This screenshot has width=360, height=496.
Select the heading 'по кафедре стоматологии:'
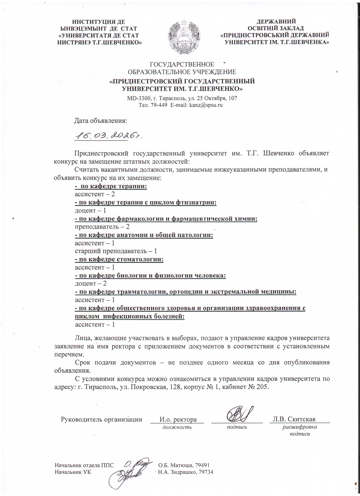[119, 259]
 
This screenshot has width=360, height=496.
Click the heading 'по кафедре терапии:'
[111, 186]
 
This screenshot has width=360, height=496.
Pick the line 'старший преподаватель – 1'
[116, 251]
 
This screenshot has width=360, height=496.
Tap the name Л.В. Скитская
[294, 419]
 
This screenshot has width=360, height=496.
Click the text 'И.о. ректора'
[178, 419]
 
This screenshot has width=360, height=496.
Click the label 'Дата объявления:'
[101, 121]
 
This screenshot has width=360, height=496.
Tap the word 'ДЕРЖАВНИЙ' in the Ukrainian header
[276, 21]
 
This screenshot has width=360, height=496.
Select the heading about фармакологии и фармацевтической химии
[166, 219]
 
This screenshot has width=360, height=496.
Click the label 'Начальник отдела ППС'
[84, 465]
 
